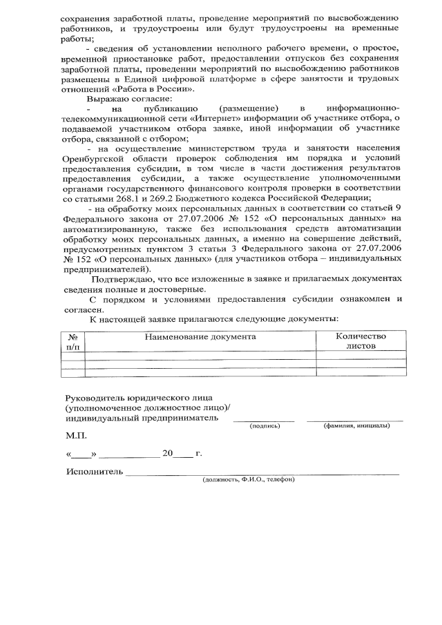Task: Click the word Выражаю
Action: coord(105,100)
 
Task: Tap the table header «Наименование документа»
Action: coord(200,336)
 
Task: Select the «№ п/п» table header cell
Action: coord(73,341)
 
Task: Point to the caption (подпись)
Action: coord(264,426)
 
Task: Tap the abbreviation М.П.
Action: coord(77,436)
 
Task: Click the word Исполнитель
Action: coord(95,472)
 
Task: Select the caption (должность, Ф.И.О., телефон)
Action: coord(248,479)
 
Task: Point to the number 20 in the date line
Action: coord(166,454)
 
